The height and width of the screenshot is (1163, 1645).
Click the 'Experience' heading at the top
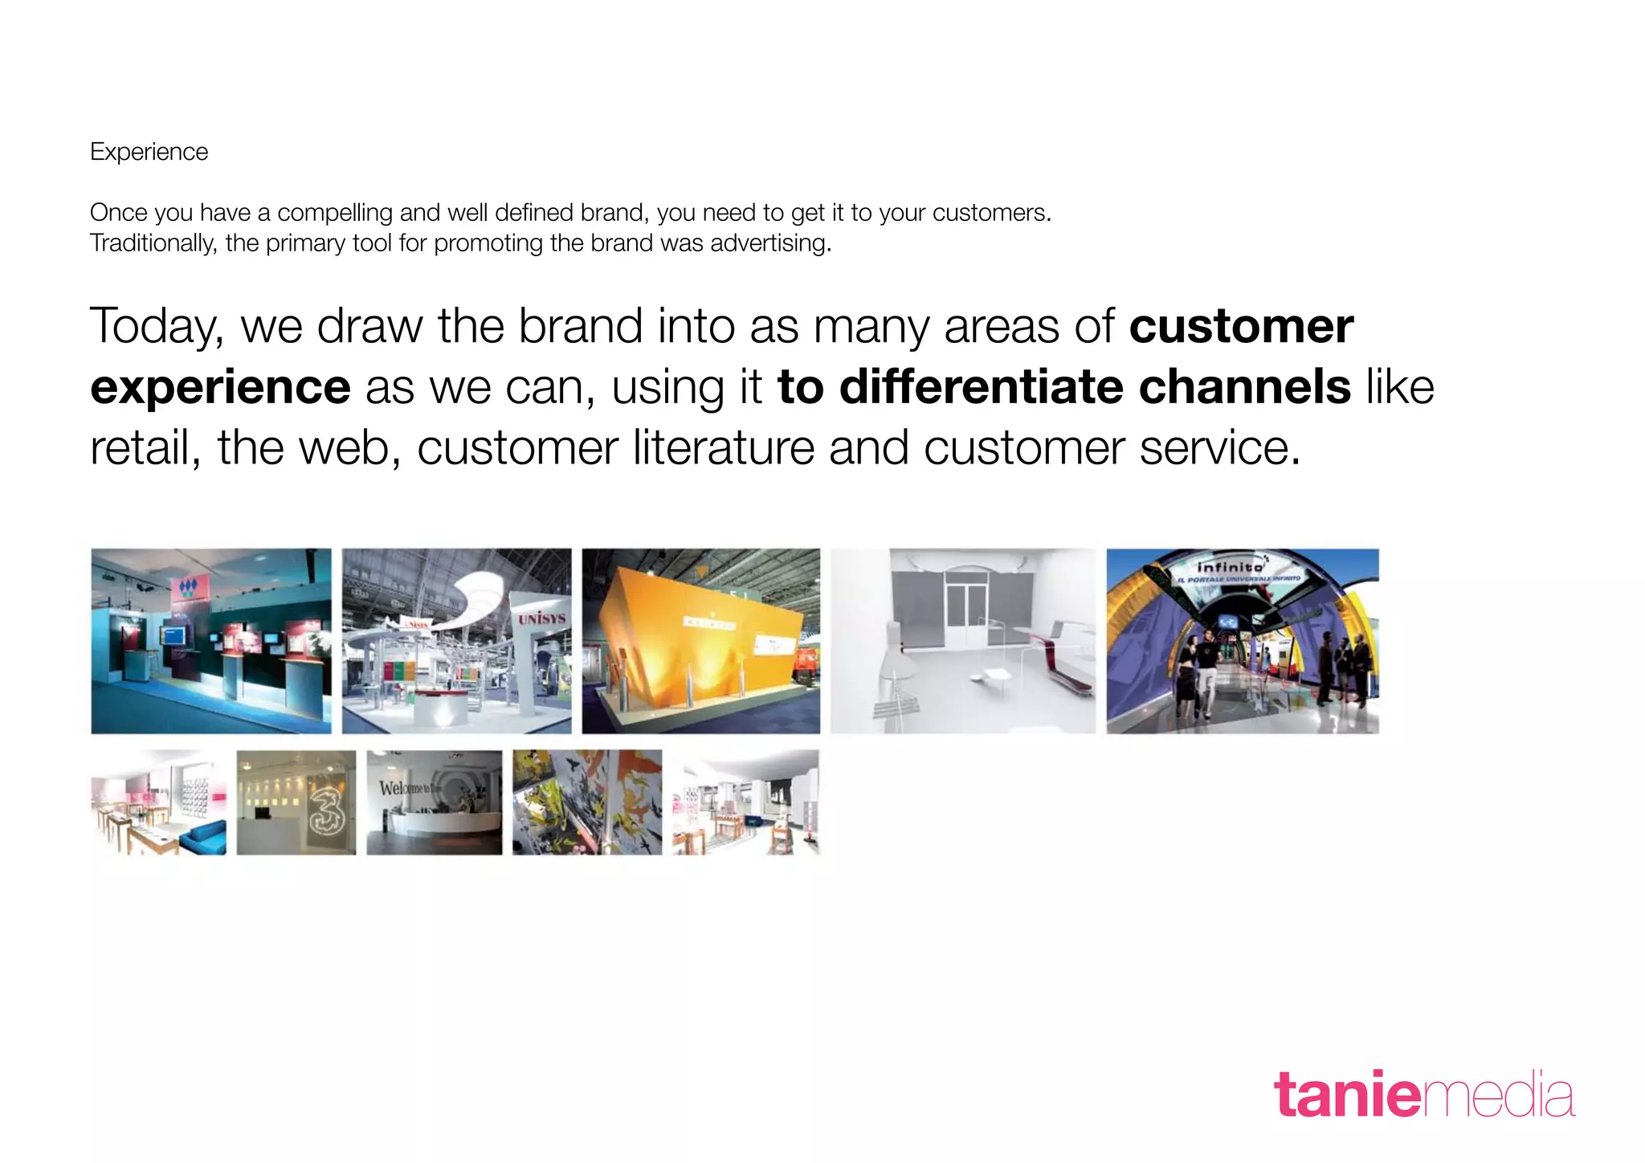pyautogui.click(x=149, y=152)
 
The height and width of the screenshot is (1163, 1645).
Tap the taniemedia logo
pyautogui.click(x=1423, y=1095)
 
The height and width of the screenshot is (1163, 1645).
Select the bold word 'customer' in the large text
pyautogui.click(x=1241, y=326)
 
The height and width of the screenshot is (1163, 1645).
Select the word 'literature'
pyautogui.click(x=723, y=447)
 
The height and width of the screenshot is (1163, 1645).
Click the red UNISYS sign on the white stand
pyautogui.click(x=541, y=618)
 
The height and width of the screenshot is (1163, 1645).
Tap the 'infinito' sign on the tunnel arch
pyautogui.click(x=1230, y=567)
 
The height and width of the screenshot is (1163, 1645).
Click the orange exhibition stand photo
pyautogui.click(x=701, y=641)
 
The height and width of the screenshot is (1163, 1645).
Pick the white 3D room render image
pyautogui.click(x=962, y=641)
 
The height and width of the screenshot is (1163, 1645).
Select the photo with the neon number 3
pyautogui.click(x=296, y=802)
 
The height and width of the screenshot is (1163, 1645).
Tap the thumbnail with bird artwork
pyautogui.click(x=587, y=802)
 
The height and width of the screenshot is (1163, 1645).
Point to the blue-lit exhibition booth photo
pyautogui.click(x=210, y=641)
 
